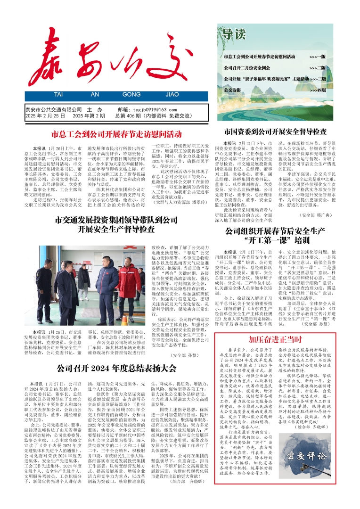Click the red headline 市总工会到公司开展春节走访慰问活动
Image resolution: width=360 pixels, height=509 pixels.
(116, 134)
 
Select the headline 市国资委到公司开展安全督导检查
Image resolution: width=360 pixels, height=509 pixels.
(275, 131)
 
